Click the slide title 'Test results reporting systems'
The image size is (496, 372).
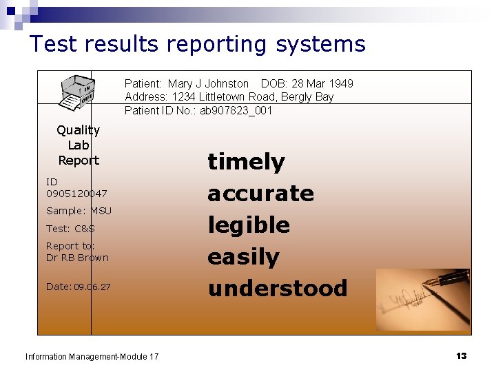click(197, 45)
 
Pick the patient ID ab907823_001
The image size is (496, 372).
click(236, 110)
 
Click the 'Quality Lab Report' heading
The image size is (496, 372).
click(79, 145)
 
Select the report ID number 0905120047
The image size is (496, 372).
click(76, 194)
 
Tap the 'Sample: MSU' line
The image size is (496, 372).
click(79, 211)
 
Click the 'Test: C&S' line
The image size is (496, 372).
click(70, 229)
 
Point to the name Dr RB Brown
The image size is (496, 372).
click(77, 258)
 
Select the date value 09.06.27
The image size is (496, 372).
click(92, 287)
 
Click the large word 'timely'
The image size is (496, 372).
click(246, 162)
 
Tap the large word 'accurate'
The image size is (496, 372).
click(260, 194)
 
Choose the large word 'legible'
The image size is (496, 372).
click(249, 225)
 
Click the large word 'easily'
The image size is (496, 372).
click(243, 257)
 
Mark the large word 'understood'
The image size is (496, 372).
click(277, 288)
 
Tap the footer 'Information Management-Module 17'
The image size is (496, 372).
click(92, 356)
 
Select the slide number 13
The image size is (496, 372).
click(461, 355)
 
